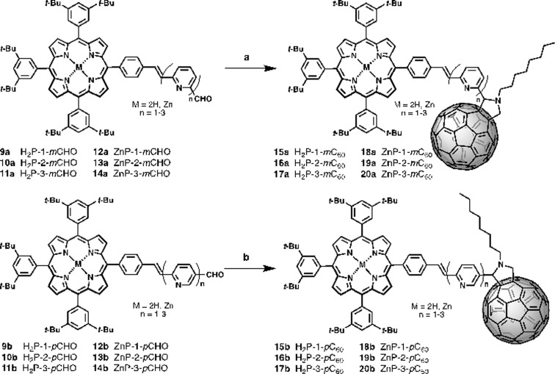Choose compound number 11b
click(x=10, y=364)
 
